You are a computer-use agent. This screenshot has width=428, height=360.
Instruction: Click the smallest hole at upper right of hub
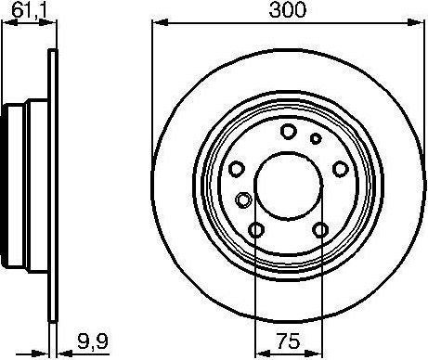click(316, 138)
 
